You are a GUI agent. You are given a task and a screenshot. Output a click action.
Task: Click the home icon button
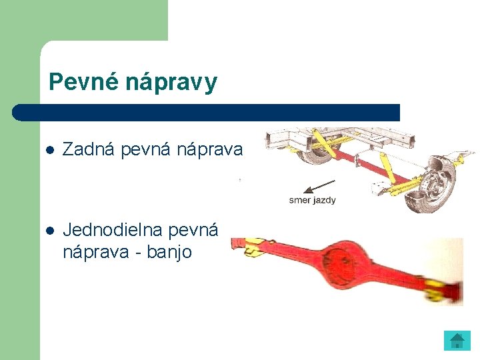457,341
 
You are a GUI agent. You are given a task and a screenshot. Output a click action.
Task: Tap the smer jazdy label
312,200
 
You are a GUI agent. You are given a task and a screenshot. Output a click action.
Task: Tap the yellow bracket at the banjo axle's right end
437,289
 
